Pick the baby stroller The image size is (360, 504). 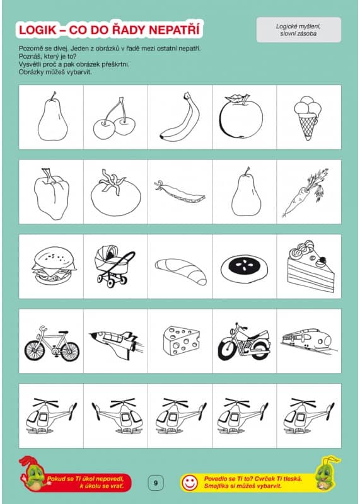113,265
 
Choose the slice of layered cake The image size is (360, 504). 310,266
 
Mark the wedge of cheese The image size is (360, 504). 181,340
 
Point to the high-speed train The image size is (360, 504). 309,340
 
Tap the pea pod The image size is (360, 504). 180,192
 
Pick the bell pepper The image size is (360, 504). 51,194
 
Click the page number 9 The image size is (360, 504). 156,483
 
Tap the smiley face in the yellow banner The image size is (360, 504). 190,483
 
